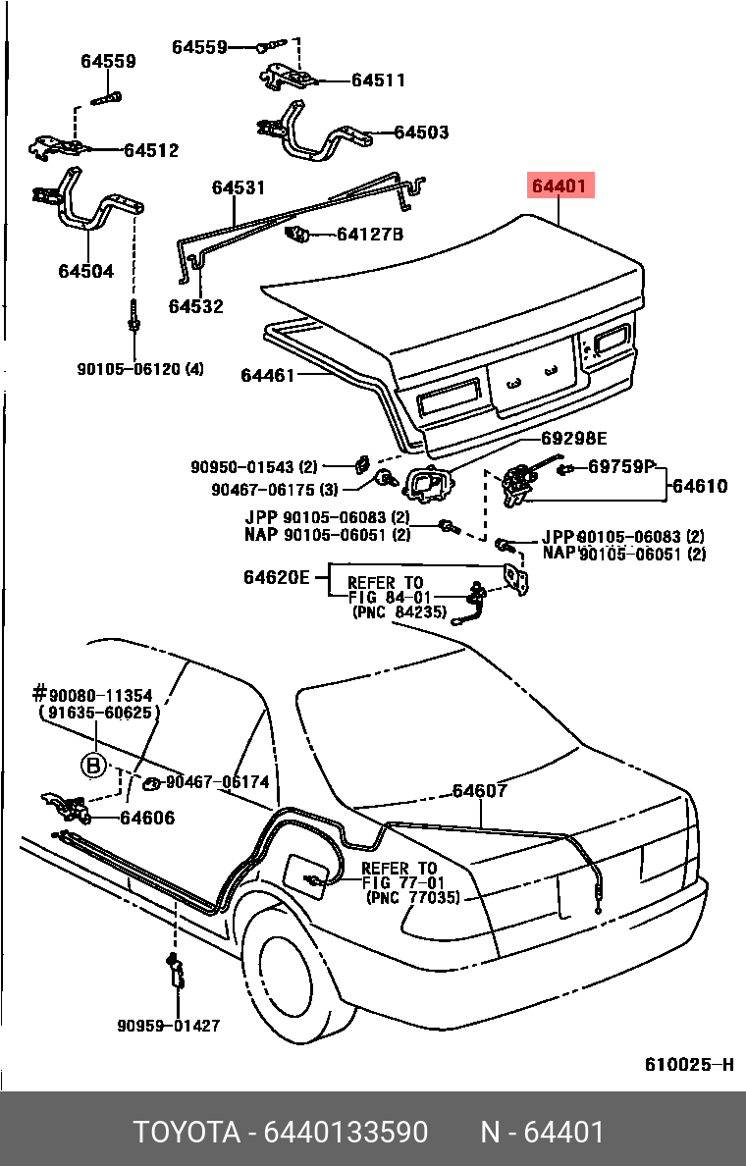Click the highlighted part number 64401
(560, 185)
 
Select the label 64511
(378, 80)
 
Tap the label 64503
(421, 132)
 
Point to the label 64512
(151, 150)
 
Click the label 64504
(85, 271)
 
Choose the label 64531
(239, 187)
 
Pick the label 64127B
(369, 235)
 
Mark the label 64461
(268, 375)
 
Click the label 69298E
(574, 439)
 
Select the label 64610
(700, 485)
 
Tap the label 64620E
(277, 577)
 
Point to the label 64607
(479, 791)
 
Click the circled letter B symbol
(93, 764)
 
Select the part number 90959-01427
(168, 1026)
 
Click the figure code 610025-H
(689, 1065)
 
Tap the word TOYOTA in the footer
(186, 1133)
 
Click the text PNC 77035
(412, 898)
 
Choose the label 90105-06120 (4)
(140, 369)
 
